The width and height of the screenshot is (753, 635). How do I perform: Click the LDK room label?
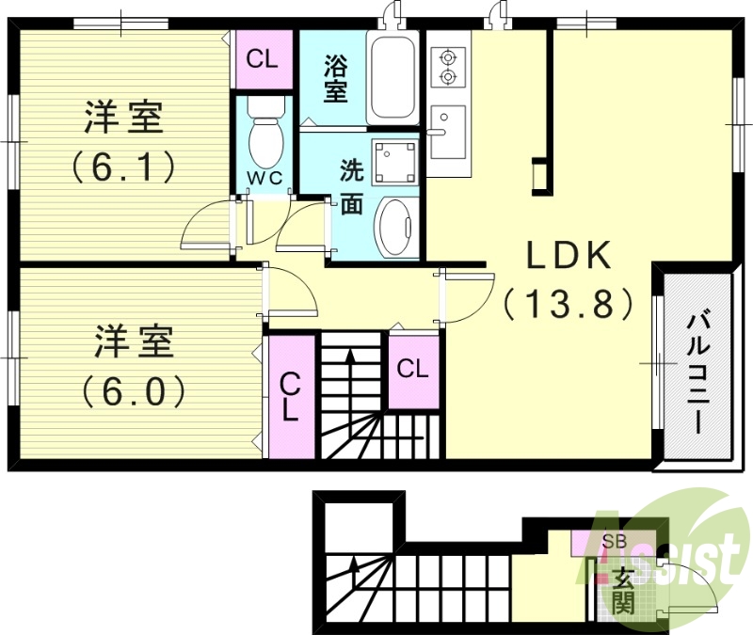point(569,255)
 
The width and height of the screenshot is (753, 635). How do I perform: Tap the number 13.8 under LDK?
point(568,304)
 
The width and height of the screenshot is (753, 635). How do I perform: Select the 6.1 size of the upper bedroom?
point(123,167)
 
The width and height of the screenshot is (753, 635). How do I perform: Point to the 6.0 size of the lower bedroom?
point(133,389)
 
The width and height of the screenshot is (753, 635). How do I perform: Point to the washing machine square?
point(394,161)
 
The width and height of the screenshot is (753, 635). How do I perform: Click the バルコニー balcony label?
point(698,371)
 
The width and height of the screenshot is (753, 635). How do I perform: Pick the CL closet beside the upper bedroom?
point(262,59)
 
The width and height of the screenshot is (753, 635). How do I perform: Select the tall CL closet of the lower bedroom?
point(291,396)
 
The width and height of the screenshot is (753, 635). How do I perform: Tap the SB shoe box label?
point(614,542)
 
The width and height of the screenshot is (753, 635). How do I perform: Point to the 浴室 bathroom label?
point(336,79)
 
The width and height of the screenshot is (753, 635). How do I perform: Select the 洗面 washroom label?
point(351,187)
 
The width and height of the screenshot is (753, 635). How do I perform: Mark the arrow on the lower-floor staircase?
point(354,566)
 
